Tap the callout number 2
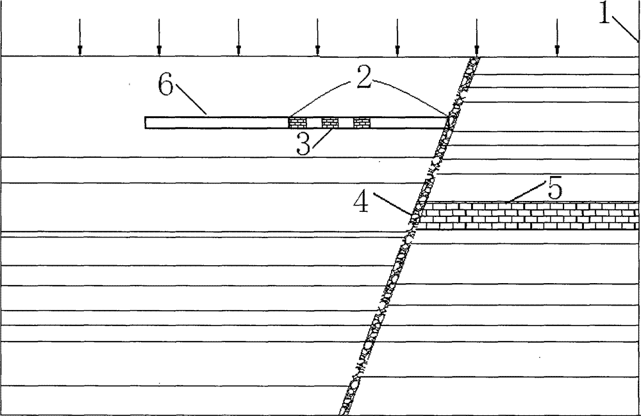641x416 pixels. click(x=363, y=77)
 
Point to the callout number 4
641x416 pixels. click(x=362, y=202)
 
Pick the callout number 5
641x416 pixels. click(x=555, y=188)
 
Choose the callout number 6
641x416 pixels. click(x=165, y=85)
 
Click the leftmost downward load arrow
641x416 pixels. click(x=80, y=37)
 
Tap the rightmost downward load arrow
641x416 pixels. click(x=557, y=37)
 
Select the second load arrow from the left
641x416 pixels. click(x=159, y=37)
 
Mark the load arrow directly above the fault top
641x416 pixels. click(x=477, y=37)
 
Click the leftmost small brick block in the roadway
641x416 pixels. click(x=297, y=123)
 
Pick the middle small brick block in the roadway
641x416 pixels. click(x=330, y=123)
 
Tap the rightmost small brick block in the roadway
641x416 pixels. click(x=362, y=123)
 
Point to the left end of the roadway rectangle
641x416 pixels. click(x=145, y=123)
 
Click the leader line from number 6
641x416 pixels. click(x=191, y=99)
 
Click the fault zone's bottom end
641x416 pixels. click(x=345, y=413)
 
